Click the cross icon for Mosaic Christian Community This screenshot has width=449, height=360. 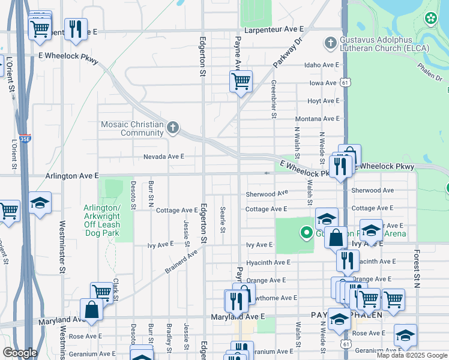pos(173,127)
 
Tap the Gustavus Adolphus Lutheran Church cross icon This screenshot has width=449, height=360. pos(330,43)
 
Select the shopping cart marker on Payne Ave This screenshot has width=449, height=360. pos(241,81)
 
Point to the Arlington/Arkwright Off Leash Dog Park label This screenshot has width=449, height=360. pos(102,216)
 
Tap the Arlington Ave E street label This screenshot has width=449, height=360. pos(72,176)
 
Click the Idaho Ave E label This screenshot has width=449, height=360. pos(322,65)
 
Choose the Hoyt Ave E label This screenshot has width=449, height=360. pos(323,101)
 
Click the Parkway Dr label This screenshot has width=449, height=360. pos(288,53)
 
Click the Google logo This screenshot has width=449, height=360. pos(20,352)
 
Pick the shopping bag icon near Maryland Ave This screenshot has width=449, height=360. pos(92,310)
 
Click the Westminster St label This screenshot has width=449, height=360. pos(62,247)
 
